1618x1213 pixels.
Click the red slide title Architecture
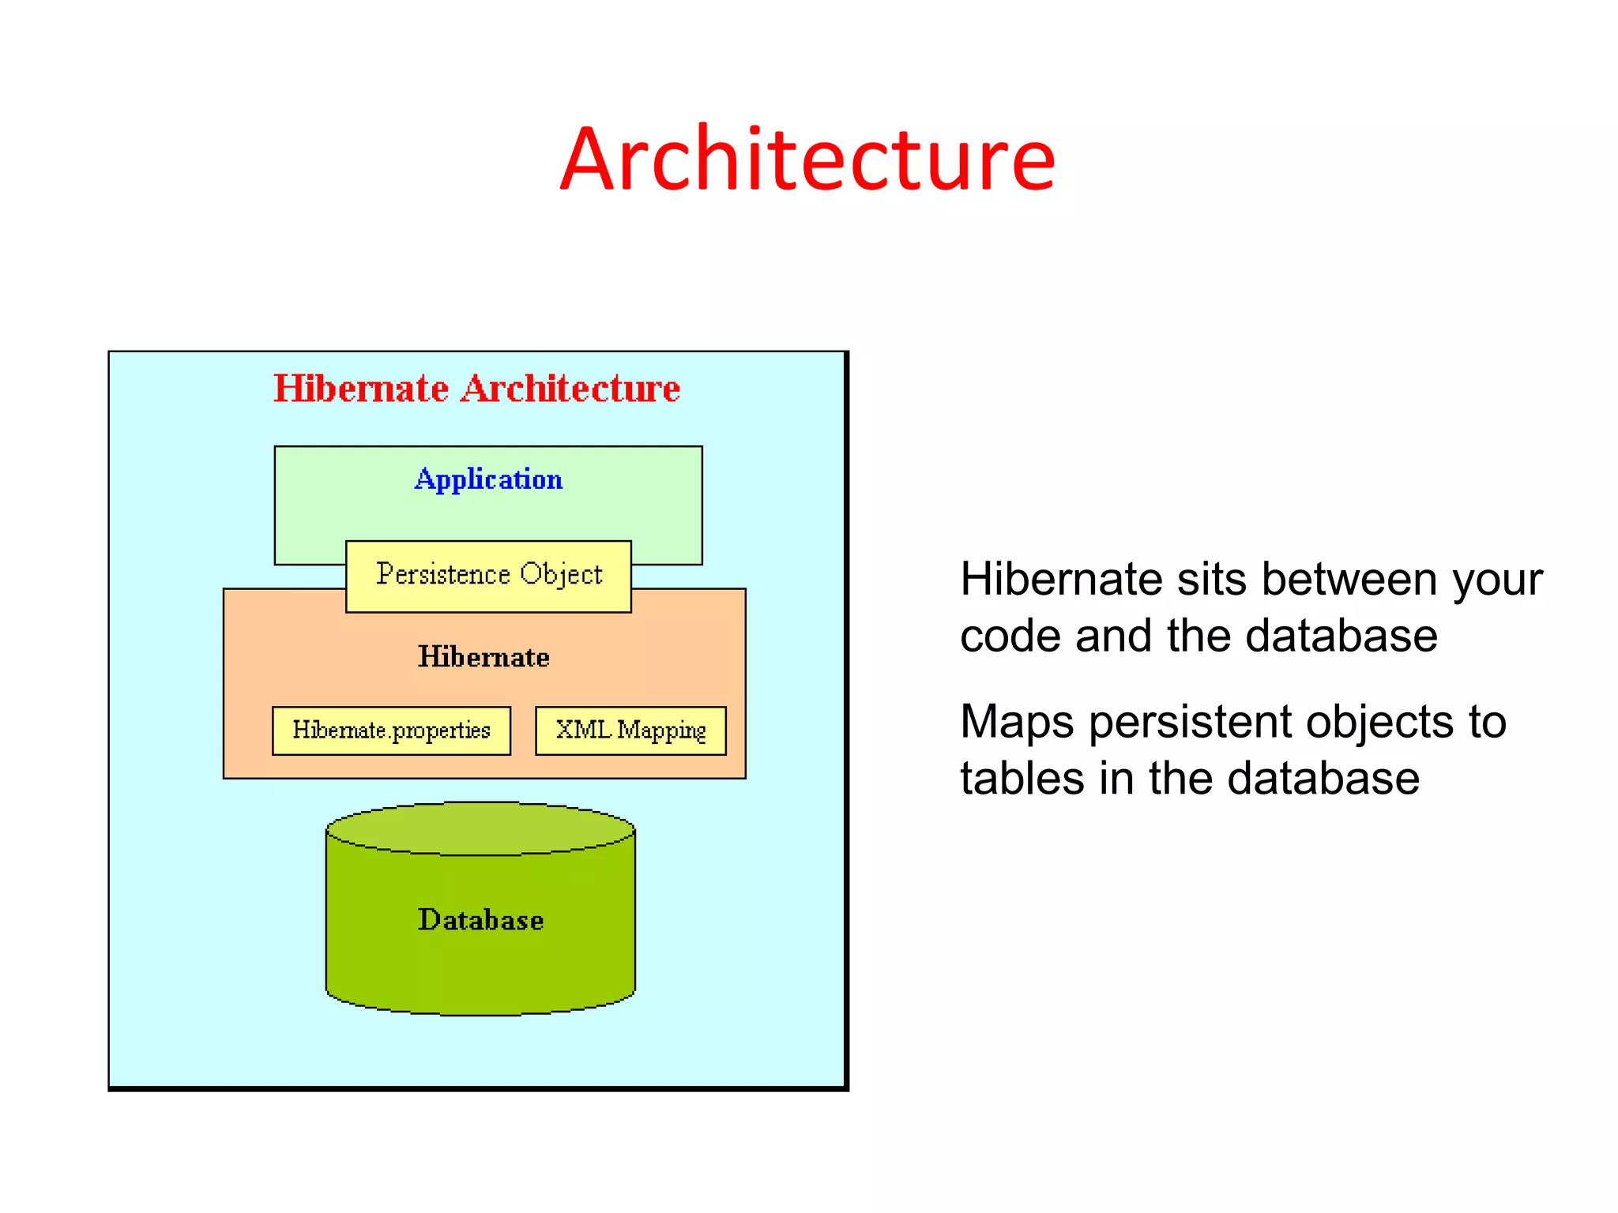807,160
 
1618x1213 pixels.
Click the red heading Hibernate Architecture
476,389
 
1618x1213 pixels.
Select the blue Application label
488,479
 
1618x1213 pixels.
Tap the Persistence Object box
488,576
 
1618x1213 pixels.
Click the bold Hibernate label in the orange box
484,657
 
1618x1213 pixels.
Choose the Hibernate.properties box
391,730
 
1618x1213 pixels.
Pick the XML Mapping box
630,730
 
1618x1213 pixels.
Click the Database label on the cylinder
480,920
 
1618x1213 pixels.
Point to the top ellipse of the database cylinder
480,828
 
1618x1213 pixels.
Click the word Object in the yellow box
561,575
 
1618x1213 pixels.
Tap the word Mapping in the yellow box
661,730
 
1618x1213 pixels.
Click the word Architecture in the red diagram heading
570,389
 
